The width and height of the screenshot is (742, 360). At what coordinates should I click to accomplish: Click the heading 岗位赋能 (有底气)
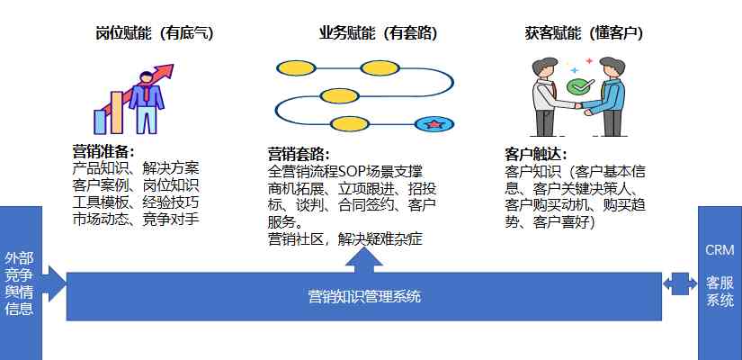155,33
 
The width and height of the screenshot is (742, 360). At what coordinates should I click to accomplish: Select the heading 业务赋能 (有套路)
378,33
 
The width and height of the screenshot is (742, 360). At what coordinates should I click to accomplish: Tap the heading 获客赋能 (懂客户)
584,33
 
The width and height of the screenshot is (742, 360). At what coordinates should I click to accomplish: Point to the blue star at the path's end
434,124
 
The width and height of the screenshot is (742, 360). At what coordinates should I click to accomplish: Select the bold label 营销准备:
103,151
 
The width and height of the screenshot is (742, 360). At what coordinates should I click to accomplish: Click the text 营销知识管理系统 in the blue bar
364,297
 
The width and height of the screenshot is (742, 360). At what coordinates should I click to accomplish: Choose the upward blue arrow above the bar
364,259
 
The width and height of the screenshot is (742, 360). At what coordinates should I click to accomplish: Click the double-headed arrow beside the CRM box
680,283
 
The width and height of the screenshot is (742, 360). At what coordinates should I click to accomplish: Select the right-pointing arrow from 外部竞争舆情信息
58,283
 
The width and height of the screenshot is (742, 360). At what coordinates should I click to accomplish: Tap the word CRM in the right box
720,250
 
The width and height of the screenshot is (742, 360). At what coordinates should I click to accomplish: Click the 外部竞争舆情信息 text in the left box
19,283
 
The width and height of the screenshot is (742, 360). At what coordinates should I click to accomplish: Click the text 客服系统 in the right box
720,292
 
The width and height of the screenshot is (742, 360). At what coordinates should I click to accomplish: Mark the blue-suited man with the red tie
147,103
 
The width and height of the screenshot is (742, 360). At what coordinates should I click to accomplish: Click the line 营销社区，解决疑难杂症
345,239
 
